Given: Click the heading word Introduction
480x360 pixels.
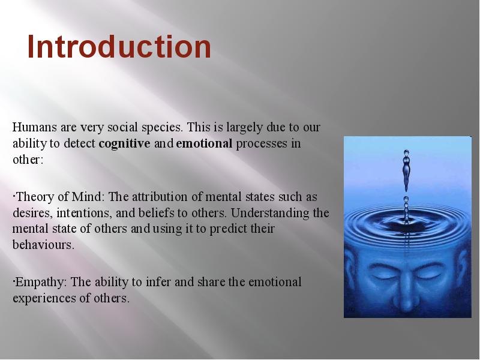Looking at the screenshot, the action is point(119,47).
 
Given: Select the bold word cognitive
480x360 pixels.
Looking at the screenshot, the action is point(124,144).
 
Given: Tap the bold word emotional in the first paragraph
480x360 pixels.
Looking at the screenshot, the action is point(204,143).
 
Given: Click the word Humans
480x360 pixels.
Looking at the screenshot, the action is point(34,127).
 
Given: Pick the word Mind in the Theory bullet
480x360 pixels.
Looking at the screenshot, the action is point(88,197).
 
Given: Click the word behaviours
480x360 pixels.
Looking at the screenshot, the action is point(43,245).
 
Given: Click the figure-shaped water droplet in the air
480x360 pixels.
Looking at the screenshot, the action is point(406,170).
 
